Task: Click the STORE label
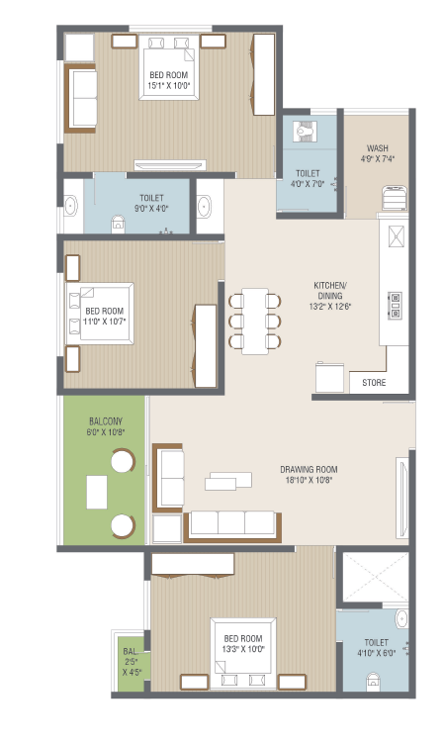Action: [374, 383]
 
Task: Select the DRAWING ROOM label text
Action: [309, 470]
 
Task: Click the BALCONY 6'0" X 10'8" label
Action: [106, 426]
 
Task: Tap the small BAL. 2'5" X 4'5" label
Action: [132, 662]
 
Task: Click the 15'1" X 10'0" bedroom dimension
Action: [169, 86]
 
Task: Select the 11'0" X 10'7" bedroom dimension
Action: [104, 322]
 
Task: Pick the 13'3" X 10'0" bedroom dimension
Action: [243, 649]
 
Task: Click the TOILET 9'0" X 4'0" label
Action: [151, 203]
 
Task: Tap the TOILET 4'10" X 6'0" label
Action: [376, 648]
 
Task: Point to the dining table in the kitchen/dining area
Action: [255, 322]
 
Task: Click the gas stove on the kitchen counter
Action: [396, 305]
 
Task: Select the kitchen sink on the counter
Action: [397, 236]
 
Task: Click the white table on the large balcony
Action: [97, 493]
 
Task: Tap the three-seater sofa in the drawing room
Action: [232, 526]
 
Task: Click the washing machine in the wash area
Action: [395, 198]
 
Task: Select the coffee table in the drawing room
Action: [228, 481]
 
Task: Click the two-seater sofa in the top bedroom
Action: [81, 99]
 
